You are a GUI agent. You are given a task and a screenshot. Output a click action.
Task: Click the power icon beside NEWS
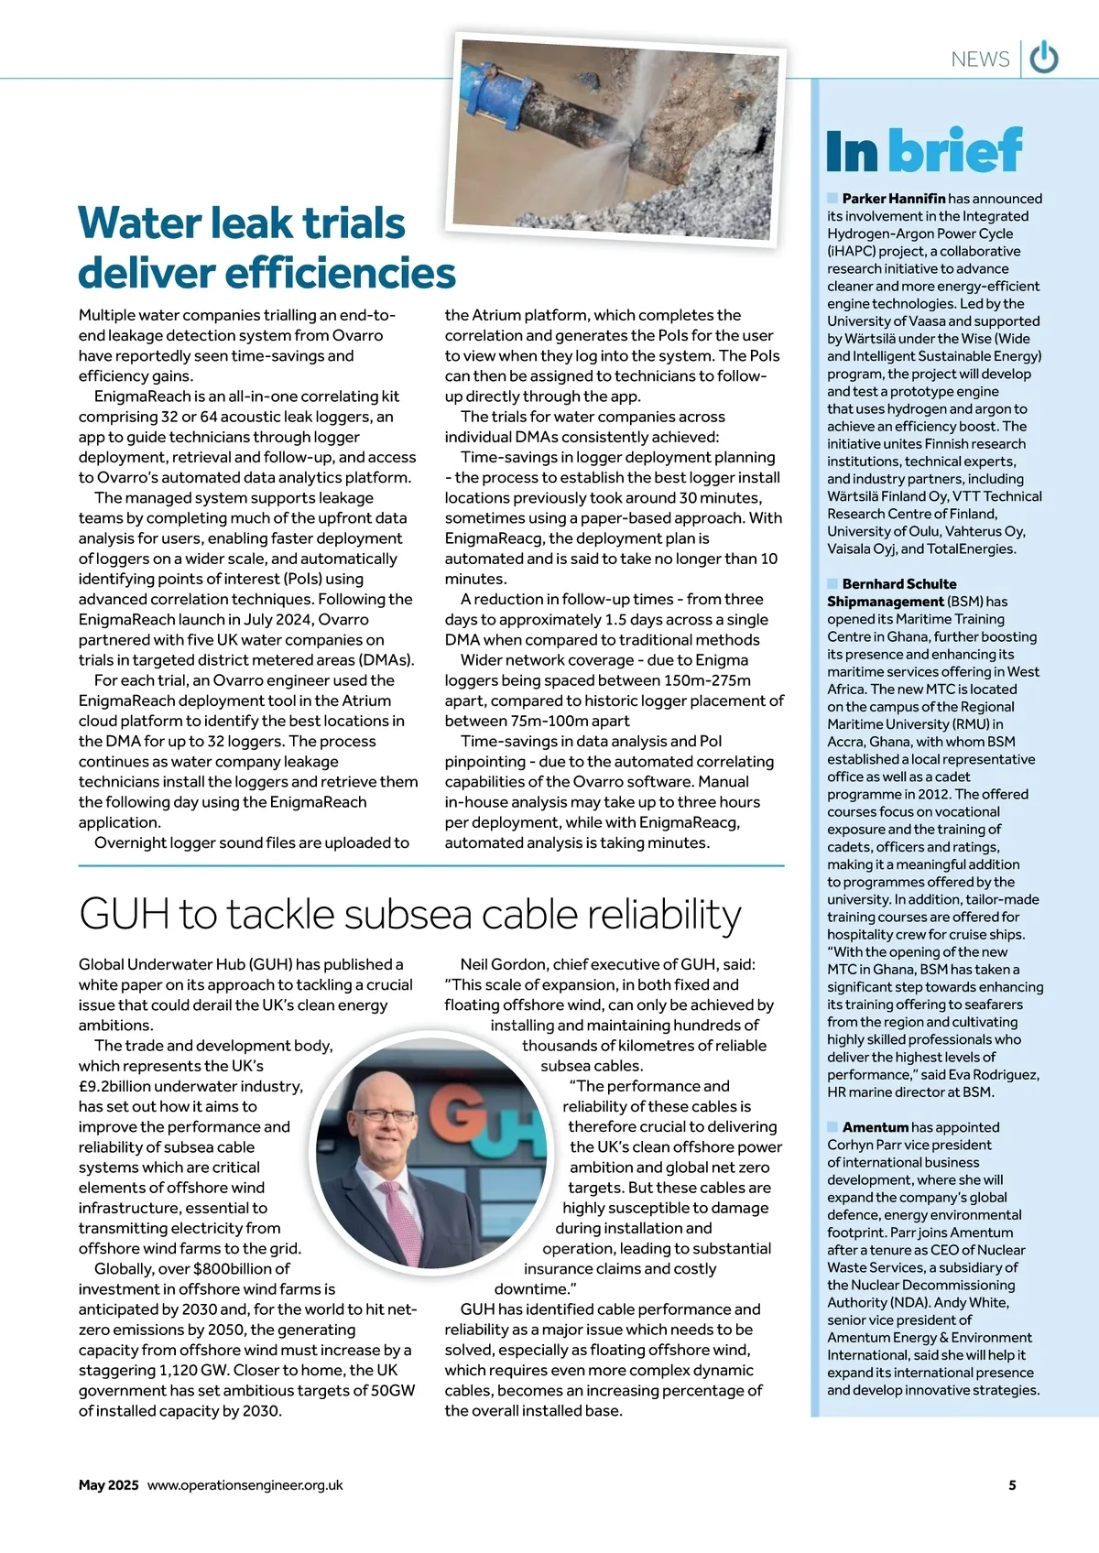1044,58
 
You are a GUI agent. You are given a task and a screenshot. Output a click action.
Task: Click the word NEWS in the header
980,60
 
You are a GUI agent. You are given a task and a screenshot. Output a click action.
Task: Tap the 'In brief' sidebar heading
923,151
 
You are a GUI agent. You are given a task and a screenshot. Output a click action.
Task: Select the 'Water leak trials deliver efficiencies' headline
266,248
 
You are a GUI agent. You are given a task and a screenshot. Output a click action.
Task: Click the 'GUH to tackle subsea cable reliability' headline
410,914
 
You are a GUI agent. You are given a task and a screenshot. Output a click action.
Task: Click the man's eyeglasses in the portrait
384,1114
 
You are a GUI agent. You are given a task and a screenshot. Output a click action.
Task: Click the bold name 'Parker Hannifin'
893,199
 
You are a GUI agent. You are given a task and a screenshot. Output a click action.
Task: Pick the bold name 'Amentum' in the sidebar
875,1127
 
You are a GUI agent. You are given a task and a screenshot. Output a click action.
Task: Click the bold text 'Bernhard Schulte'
898,584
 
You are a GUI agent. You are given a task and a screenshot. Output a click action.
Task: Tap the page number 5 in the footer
1012,1485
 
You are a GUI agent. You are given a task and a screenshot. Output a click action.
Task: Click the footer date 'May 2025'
108,1485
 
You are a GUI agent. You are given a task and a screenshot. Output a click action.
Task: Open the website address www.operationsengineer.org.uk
245,1485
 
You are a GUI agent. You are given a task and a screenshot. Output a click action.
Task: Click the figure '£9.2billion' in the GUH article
125,1086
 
